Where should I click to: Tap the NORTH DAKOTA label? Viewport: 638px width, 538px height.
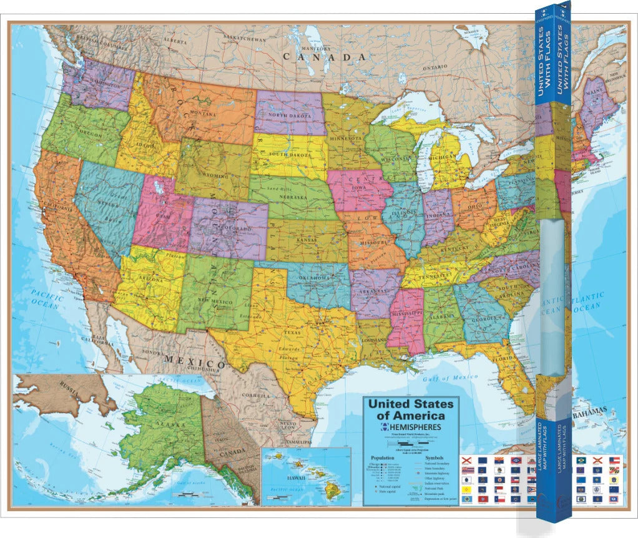click(x=291, y=115)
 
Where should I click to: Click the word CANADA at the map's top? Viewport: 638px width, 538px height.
click(x=324, y=56)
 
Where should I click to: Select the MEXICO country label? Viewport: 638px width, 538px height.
click(x=194, y=361)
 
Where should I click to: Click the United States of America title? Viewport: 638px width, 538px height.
click(x=411, y=409)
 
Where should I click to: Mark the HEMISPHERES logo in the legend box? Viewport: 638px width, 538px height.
click(x=411, y=427)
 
